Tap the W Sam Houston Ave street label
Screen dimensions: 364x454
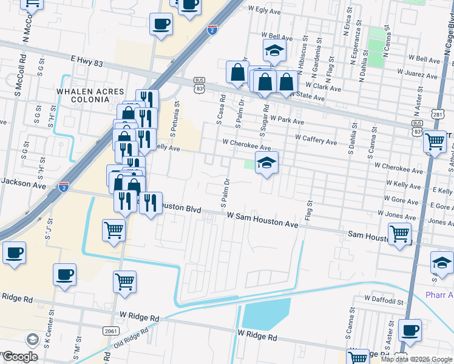coord(263,220)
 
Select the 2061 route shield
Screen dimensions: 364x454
coord(109,329)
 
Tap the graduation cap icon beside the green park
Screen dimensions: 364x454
coord(266,163)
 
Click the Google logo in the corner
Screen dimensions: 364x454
coord(20,357)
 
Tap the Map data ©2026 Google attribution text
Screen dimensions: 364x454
coord(416,359)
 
